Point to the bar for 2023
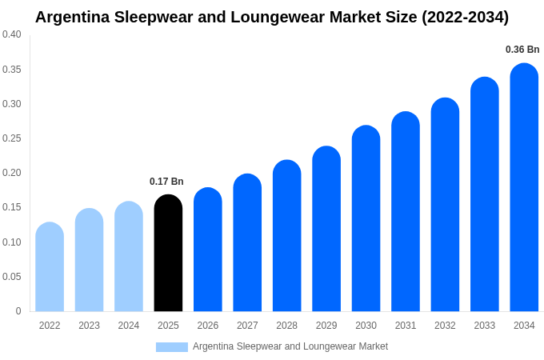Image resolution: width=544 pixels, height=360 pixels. [x=89, y=260]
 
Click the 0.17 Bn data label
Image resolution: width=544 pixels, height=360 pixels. [x=166, y=182]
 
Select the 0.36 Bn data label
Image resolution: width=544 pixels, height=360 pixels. [x=522, y=50]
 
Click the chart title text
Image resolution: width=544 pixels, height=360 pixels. [x=272, y=17]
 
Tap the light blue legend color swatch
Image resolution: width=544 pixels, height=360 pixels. [x=171, y=346]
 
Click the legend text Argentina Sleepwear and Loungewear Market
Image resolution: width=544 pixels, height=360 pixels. [x=290, y=346]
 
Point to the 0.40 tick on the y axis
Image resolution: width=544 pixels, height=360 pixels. [x=12, y=34]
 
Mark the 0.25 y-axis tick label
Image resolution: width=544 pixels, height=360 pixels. [x=12, y=138]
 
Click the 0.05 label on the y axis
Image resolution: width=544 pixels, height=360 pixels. [x=12, y=277]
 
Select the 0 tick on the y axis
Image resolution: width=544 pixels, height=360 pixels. [x=18, y=311]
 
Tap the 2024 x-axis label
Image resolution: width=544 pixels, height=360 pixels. [x=129, y=326]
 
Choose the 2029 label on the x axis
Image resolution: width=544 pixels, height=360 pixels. [x=326, y=326]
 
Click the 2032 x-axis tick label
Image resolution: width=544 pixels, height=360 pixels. [x=445, y=326]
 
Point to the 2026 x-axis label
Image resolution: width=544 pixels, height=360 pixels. [x=208, y=326]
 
